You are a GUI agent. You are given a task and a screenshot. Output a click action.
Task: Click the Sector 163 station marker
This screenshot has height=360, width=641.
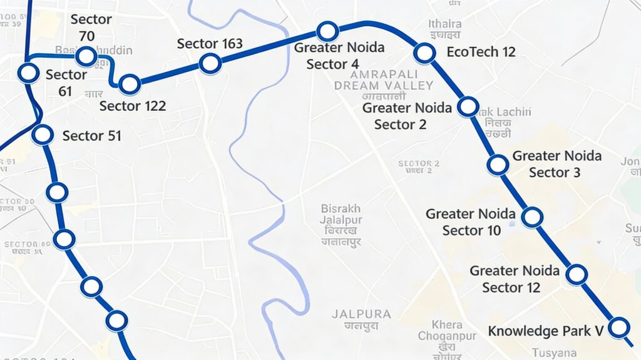point(210,63)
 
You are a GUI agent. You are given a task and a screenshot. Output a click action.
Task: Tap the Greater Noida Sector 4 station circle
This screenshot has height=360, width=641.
point(327,31)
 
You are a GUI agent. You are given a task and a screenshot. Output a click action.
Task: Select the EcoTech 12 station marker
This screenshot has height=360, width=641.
point(424,53)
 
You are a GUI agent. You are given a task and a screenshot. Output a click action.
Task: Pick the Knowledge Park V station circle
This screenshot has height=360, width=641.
point(619,327)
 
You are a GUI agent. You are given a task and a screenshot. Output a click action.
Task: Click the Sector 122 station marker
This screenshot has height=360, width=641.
point(130,84)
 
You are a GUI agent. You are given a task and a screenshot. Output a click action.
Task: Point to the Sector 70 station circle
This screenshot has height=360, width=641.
point(86,57)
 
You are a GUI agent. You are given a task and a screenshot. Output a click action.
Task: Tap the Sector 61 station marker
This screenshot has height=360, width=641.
point(28,73)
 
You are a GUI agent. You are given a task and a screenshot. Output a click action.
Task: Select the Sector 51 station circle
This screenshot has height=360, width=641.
point(43,134)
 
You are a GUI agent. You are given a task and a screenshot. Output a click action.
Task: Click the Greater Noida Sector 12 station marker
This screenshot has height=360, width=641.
point(577,274)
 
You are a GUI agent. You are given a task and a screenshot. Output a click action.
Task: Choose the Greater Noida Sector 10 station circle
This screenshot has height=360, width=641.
point(532,217)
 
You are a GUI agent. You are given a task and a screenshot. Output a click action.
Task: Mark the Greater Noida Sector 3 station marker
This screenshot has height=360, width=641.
point(498,165)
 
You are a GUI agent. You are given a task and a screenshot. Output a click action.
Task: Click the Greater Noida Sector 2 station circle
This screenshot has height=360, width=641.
point(468,106)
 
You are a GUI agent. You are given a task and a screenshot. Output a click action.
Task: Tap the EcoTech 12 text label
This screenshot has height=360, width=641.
point(481,52)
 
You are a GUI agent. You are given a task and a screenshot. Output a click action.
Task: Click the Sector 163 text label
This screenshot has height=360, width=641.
point(210,44)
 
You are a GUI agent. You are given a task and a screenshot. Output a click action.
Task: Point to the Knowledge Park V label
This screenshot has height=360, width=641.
point(545,331)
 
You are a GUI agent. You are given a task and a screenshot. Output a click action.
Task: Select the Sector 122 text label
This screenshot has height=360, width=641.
point(133,106)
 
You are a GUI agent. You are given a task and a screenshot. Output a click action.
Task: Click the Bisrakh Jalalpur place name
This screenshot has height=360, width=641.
point(341,214)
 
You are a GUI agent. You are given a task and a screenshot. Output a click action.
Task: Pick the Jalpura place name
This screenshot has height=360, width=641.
point(361,314)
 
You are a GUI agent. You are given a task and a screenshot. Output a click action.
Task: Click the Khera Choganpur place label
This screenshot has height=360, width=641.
point(448,330)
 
